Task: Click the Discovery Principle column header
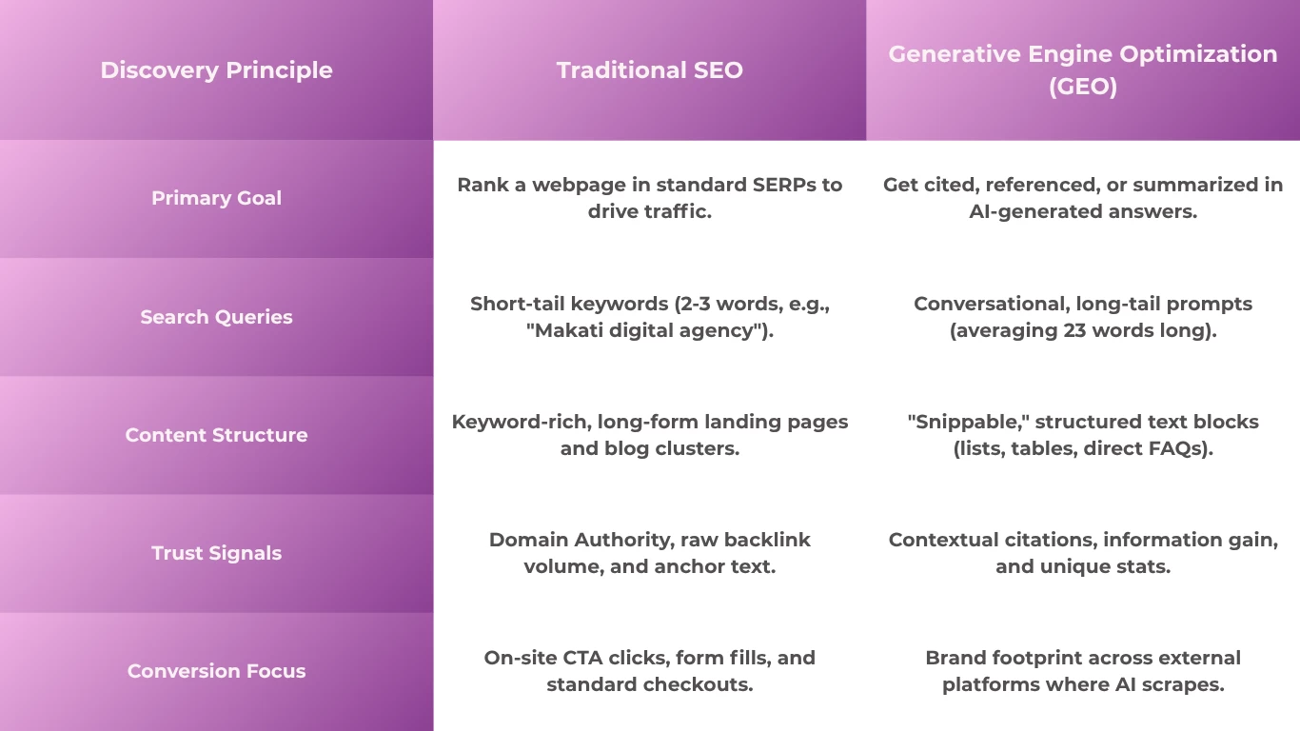pos(216,70)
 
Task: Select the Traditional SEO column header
pos(649,70)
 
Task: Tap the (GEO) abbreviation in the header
pos(1083,87)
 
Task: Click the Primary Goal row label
pos(216,198)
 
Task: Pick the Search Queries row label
pos(216,317)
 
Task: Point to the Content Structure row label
pos(216,435)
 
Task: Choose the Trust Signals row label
pos(216,553)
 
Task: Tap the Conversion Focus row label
pos(216,671)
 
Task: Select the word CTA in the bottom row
pos(582,658)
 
